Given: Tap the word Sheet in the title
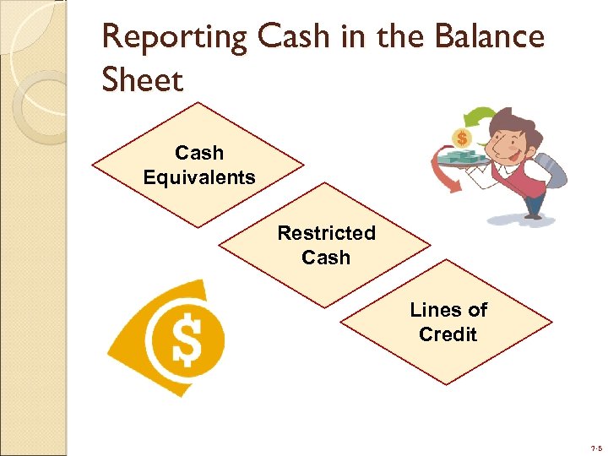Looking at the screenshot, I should point(142,81).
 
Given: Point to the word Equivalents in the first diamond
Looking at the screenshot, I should point(199,177).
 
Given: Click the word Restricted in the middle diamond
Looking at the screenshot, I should point(326,232).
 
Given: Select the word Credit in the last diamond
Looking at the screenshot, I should point(448,334).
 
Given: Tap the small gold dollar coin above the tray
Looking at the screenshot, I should point(462,137).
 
